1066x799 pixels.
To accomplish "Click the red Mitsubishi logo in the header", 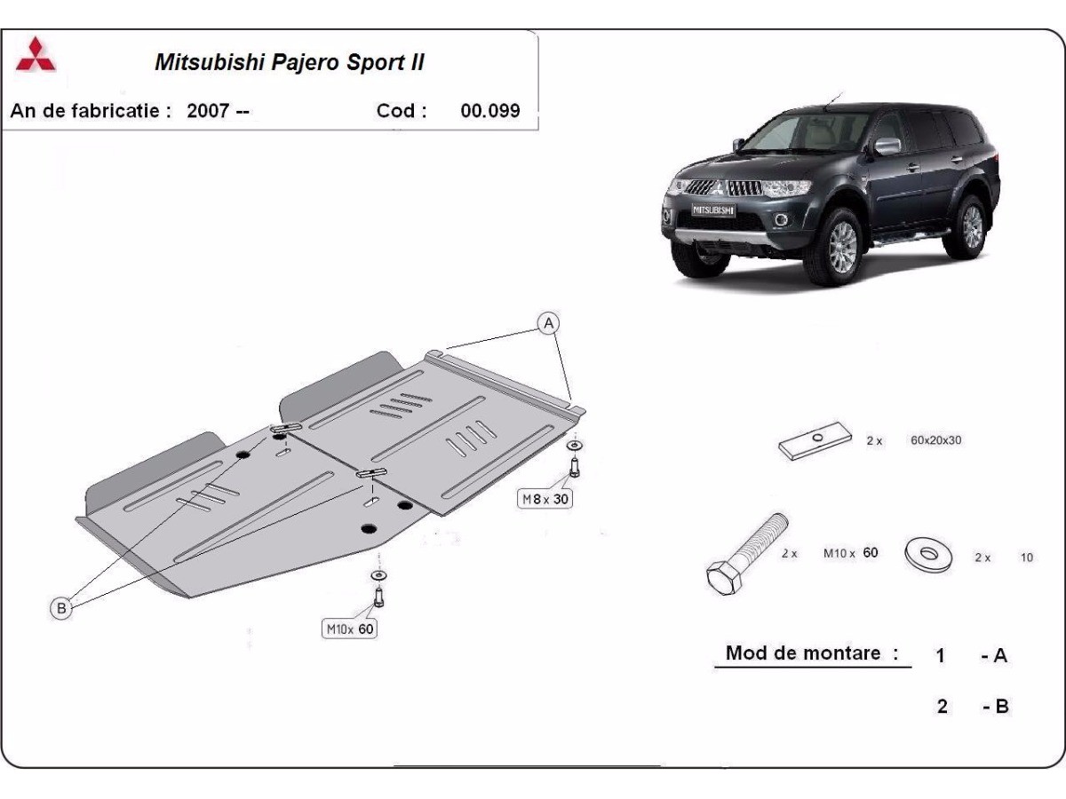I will click(36, 56).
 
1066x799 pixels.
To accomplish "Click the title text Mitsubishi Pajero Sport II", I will click(290, 63).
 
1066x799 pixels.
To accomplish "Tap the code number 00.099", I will click(490, 111).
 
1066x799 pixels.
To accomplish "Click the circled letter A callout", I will click(549, 323).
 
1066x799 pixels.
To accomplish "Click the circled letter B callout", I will click(60, 608).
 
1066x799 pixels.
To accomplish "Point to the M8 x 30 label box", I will click(545, 499).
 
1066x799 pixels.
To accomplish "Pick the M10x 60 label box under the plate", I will click(348, 629).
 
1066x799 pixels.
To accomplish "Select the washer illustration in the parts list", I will click(928, 555).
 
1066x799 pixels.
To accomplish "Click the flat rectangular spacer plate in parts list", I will click(812, 444).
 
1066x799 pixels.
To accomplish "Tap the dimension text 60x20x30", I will click(935, 440).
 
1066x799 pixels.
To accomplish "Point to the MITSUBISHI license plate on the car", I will click(713, 210).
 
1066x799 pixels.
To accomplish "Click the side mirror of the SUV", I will click(887, 146).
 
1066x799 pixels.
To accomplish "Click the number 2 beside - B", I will click(942, 707).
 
